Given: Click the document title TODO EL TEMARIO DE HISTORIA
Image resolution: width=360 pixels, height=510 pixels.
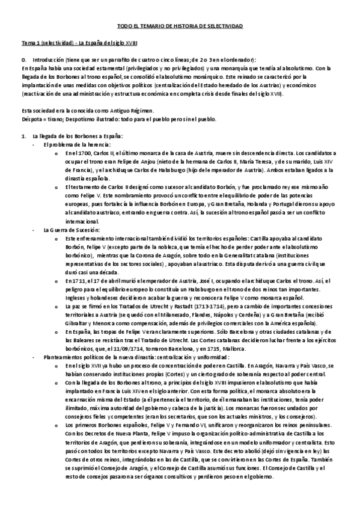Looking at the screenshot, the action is [x=179, y=27].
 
